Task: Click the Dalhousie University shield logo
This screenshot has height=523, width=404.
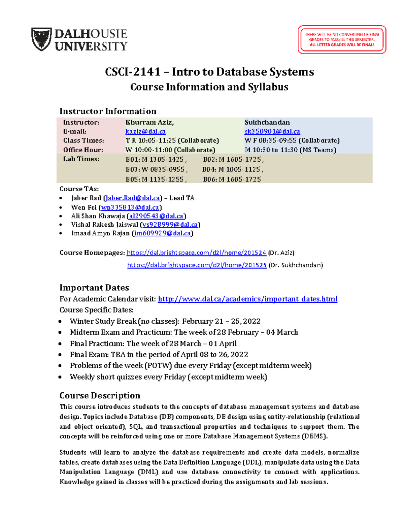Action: coord(41,39)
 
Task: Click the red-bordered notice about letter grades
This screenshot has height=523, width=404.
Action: coord(342,39)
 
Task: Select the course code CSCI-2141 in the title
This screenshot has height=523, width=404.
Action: coord(133,72)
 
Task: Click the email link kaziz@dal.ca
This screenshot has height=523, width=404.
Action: coord(145,132)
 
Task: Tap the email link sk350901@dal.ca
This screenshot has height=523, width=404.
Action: coord(272,132)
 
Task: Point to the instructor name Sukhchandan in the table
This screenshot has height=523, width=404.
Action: coord(267,123)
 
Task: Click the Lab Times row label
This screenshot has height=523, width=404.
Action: coord(81,159)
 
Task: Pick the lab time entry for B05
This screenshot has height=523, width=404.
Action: coord(155,179)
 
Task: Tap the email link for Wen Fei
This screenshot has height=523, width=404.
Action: coord(130,207)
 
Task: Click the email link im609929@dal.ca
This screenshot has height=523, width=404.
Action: coord(163,233)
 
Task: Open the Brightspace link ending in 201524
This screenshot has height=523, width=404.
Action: coord(196,253)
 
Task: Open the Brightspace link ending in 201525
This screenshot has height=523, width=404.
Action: coord(197,265)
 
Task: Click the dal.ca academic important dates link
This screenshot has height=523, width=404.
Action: coord(247,299)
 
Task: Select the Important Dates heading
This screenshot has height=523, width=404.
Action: coord(94,288)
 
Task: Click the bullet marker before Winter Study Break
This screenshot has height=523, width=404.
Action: coord(60,322)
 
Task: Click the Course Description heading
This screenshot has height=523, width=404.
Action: coord(100,396)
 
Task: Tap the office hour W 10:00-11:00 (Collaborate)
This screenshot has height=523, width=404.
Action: coord(170,150)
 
